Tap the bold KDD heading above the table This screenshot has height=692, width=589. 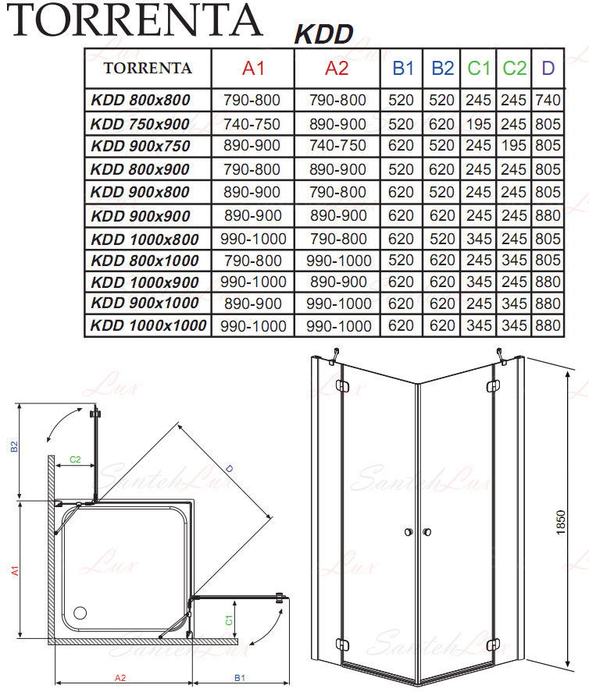tap(323, 34)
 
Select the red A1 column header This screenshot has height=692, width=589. tap(253, 69)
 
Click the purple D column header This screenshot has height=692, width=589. tap(548, 69)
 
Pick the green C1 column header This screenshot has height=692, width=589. tap(479, 69)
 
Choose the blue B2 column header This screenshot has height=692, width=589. tap(442, 69)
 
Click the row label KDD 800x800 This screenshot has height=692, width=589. tap(141, 100)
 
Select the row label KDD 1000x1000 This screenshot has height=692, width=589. tap(148, 325)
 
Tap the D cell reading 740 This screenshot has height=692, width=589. tap(548, 100)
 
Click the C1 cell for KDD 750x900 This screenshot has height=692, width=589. tap(479, 124)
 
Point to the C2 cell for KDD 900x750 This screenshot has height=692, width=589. tap(514, 146)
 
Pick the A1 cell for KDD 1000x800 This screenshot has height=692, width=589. tap(253, 240)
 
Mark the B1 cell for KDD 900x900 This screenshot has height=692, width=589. tap(401, 216)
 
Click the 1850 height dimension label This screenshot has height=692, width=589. tap(561, 523)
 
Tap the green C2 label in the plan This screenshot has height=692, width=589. tap(75, 460)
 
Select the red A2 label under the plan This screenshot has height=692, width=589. tap(120, 678)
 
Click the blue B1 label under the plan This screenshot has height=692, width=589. tap(240, 678)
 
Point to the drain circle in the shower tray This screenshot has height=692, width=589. tap(80, 612)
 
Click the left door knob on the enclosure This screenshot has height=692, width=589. tap(409, 532)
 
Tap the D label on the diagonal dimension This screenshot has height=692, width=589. tap(229, 469)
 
